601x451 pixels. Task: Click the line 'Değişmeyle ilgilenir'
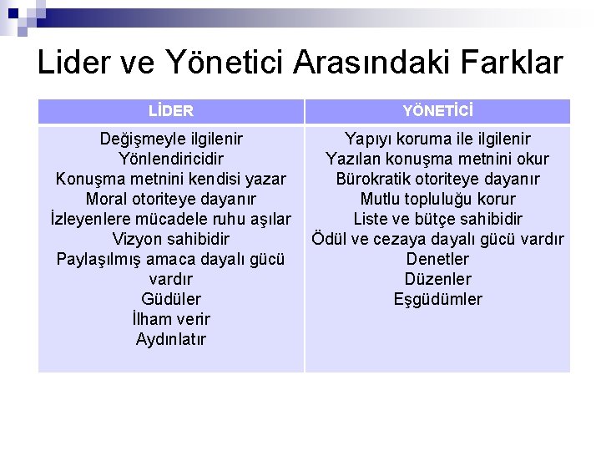coord(171,139)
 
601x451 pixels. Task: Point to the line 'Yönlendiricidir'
coord(171,159)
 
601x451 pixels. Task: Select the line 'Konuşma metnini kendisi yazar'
coord(171,179)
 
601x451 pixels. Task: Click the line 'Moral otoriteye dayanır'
coord(171,199)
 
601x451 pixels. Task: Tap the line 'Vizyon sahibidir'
coord(171,239)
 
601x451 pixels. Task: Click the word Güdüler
coord(171,299)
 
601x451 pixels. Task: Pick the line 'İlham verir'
coord(171,319)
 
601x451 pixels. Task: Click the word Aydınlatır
coord(171,339)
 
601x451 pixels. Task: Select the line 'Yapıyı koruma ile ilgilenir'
coord(437,139)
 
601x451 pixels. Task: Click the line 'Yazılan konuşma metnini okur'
coord(437,159)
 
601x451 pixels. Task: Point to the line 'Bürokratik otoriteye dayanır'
coord(437,179)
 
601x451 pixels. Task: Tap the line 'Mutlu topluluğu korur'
coord(437,199)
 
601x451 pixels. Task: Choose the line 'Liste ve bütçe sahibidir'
coord(437,219)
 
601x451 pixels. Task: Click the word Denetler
coord(437,259)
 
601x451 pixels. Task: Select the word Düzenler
coord(437,279)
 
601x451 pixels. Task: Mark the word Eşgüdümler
coord(437,299)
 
